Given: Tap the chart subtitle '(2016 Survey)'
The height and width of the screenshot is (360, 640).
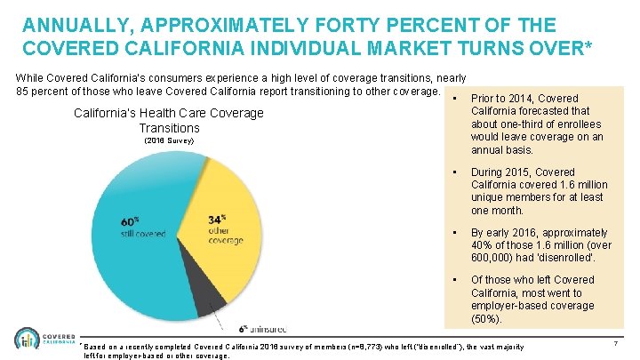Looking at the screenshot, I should (168, 141).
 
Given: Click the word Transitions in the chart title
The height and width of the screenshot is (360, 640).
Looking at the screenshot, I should (168, 128).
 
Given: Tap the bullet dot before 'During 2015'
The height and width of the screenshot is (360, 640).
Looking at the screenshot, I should (454, 172).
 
